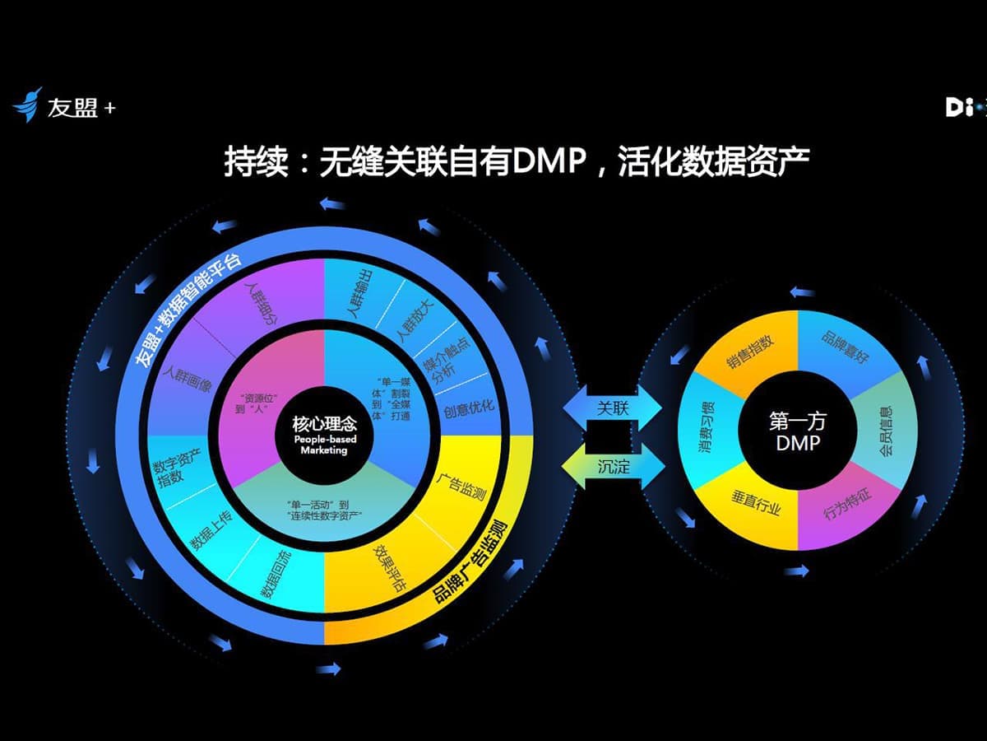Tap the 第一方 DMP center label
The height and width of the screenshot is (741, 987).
click(x=798, y=432)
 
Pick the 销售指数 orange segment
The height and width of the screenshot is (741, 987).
click(x=749, y=353)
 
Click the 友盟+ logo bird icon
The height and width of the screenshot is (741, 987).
click(x=27, y=105)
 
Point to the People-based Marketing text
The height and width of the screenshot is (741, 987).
click(x=325, y=445)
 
